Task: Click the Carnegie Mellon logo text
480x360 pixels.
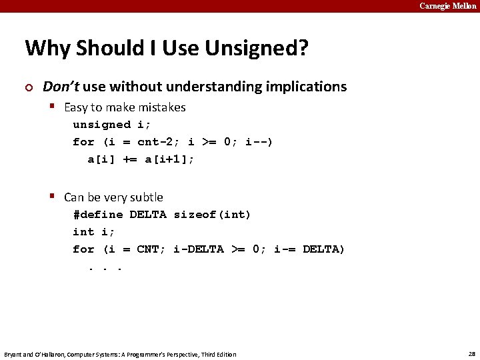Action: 448,6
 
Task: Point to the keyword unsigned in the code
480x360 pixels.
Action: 102,125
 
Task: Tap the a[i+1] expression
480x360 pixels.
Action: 169,159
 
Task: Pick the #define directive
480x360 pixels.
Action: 98,215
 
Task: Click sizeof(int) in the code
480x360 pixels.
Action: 212,215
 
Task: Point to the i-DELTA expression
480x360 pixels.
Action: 199,249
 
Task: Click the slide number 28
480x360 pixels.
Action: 471,354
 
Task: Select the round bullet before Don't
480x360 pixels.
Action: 28,87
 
